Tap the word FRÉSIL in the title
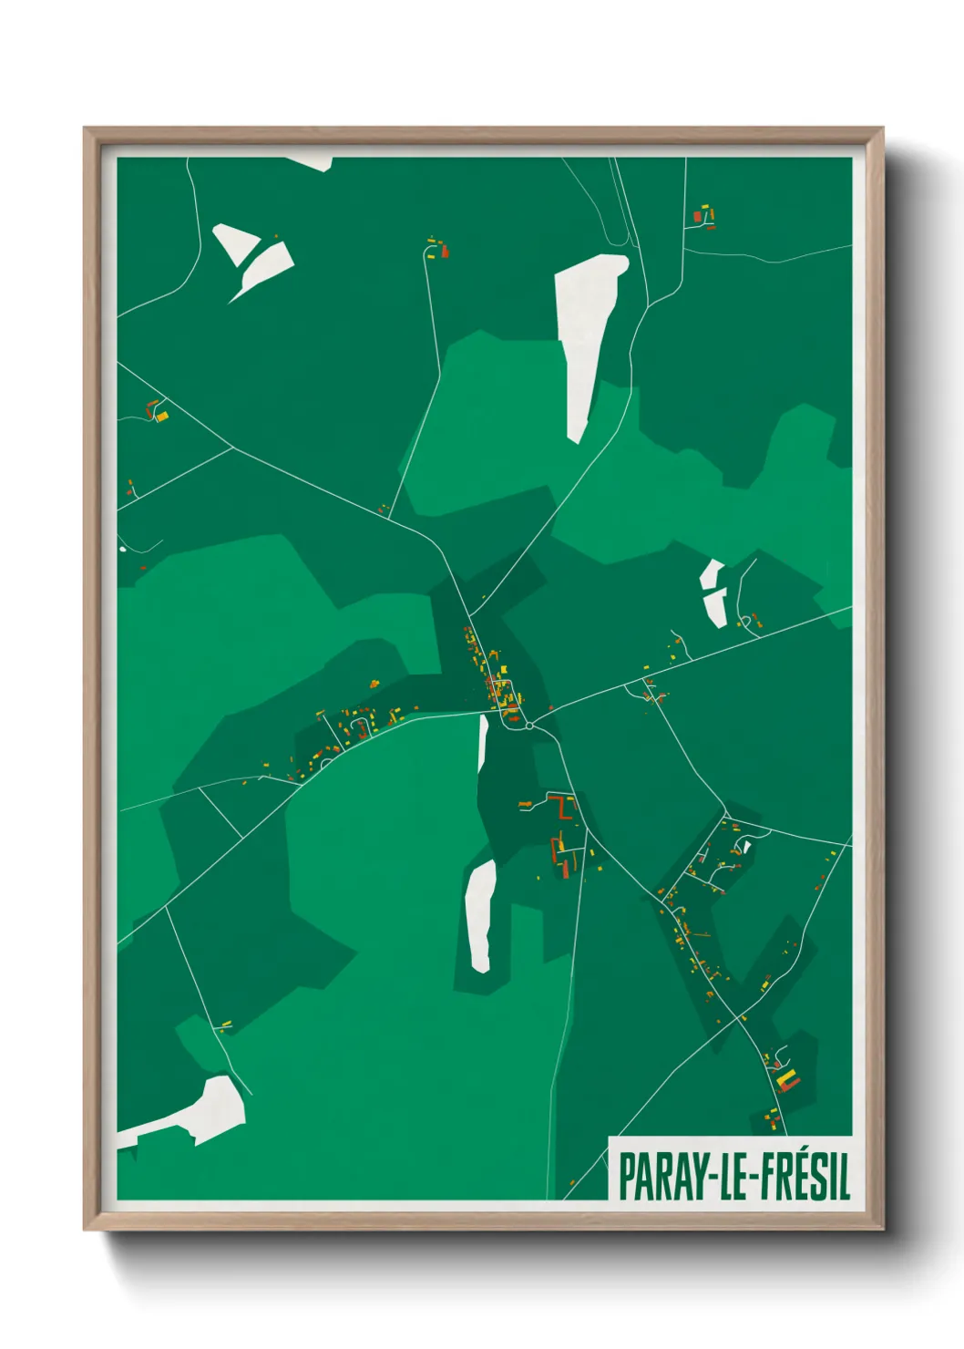pos(803,1177)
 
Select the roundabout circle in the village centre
pos(528,726)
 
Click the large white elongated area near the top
pos(588,337)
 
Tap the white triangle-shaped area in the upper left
pos(233,242)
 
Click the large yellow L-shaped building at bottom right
pos(785,1081)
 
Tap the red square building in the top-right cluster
pos(698,216)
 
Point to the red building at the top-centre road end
pos(445,251)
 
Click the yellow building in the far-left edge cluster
pos(162,416)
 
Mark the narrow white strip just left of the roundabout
pos(482,743)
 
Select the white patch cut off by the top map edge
pos(313,162)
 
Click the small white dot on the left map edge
pos(122,549)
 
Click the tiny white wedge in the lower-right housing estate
pos(746,847)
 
